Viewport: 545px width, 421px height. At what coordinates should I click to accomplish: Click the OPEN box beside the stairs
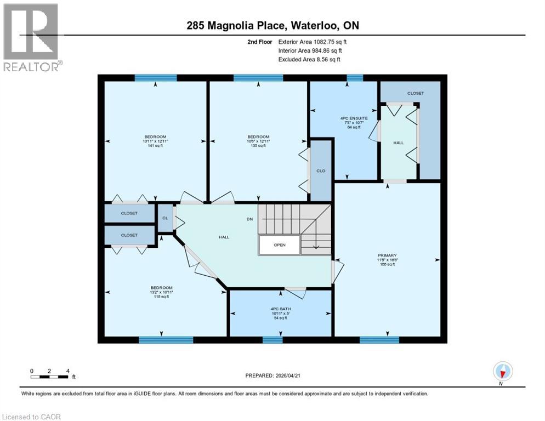click(280, 245)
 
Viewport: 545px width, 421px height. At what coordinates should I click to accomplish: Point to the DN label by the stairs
click(249, 219)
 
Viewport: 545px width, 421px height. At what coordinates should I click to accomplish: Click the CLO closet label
click(321, 170)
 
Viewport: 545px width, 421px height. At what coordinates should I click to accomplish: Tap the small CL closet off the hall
click(165, 218)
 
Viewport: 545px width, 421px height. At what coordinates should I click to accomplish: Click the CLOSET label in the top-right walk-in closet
click(415, 93)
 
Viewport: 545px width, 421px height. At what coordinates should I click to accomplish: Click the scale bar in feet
click(50, 376)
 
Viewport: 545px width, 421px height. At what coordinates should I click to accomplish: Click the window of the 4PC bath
click(272, 340)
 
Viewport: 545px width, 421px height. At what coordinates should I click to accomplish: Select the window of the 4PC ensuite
click(355, 78)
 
